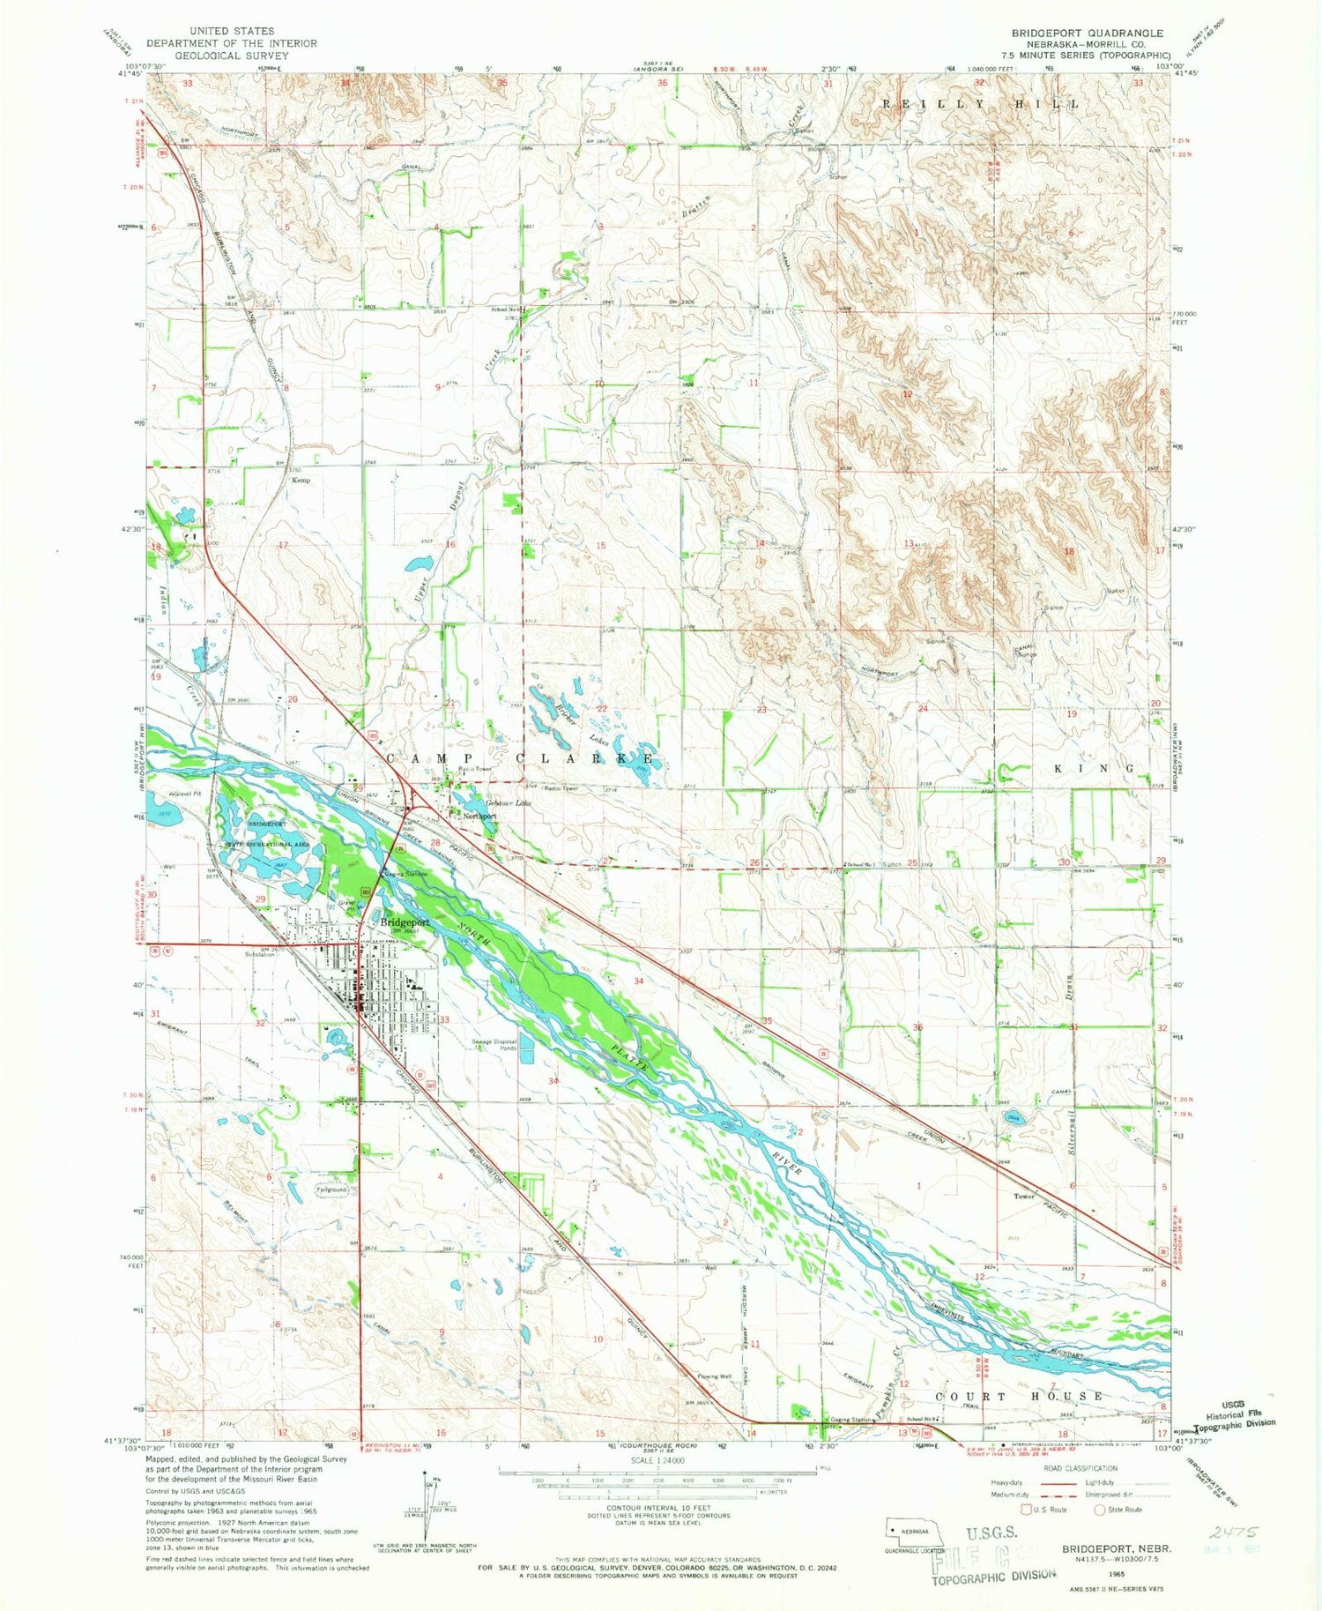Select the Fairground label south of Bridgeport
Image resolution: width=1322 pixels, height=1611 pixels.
pyautogui.click(x=333, y=1190)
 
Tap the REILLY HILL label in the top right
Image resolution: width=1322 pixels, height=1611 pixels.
pyautogui.click(x=982, y=104)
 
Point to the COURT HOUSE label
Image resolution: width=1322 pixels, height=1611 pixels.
pyautogui.click(x=1018, y=1397)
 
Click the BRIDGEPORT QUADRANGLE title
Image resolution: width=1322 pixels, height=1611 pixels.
pyautogui.click(x=1087, y=33)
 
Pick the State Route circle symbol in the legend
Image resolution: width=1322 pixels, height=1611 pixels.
pyautogui.click(x=1100, y=1510)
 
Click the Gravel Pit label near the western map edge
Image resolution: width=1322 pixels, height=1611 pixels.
pyautogui.click(x=186, y=794)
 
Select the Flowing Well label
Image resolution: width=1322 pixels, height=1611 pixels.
pyautogui.click(x=714, y=1376)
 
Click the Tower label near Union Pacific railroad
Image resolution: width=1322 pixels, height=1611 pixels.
pyautogui.click(x=1023, y=1197)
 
